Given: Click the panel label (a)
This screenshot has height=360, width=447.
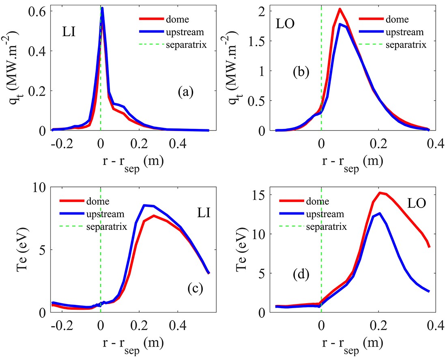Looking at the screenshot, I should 185,92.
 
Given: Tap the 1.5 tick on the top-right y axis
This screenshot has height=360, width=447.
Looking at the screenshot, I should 258,41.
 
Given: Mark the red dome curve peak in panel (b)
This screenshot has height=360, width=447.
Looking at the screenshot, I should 340,9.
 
